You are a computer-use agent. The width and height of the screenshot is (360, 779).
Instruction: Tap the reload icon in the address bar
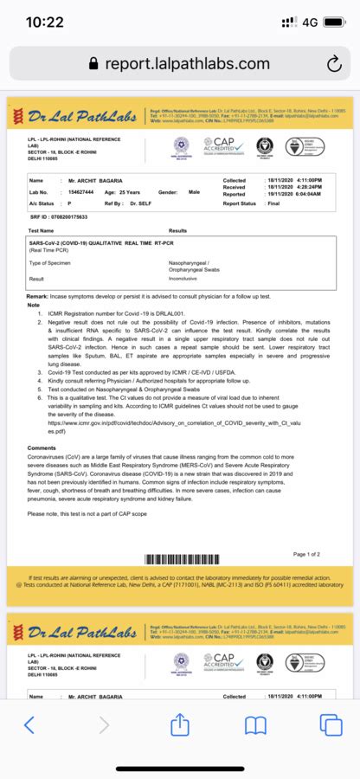tap(334, 63)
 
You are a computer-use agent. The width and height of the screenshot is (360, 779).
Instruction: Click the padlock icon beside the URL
tap(93, 64)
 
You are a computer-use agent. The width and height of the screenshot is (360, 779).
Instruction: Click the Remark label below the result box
tap(35, 295)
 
